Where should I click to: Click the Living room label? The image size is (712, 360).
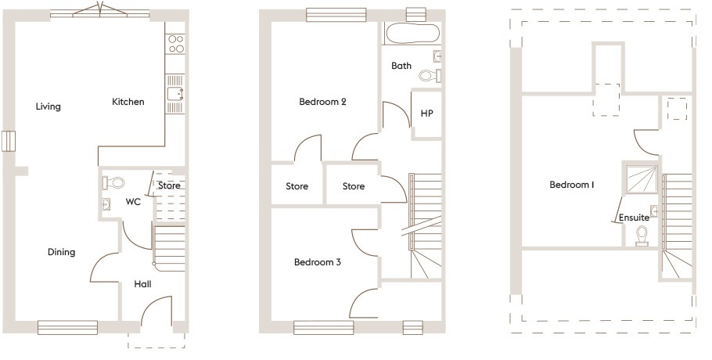49,106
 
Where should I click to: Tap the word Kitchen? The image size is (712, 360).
128,102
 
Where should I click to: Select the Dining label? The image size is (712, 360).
61,252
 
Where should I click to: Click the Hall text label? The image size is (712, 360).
142,284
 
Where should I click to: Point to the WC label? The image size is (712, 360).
133,202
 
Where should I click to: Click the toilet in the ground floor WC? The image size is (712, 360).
113,183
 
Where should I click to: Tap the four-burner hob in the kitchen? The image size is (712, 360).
176,44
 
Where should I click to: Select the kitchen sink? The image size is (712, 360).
174,93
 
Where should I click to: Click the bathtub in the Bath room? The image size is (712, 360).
412,33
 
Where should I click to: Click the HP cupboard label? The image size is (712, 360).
426,113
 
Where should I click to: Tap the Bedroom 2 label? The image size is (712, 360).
322,102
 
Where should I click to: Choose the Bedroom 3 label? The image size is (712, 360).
318,262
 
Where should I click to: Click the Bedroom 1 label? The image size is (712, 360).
572,185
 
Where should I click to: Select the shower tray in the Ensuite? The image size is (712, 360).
642,180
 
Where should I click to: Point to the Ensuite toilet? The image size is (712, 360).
642,236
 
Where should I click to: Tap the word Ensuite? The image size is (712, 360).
634,218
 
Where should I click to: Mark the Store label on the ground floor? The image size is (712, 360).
169,185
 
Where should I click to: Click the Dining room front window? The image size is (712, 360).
67,327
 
